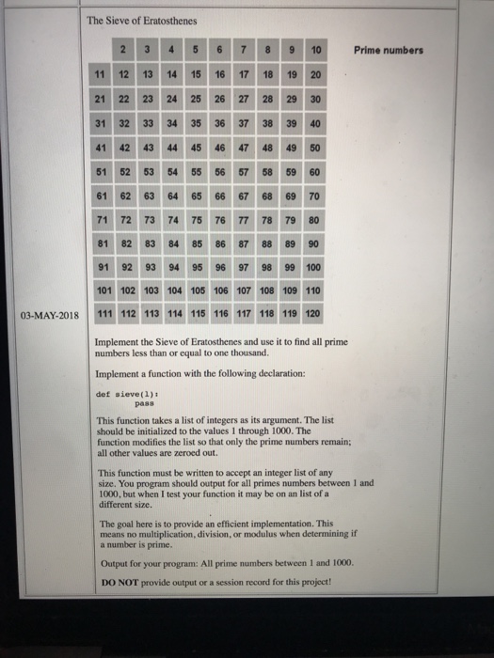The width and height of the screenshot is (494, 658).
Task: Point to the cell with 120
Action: click(x=313, y=314)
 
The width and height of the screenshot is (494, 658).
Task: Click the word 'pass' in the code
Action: click(x=122, y=407)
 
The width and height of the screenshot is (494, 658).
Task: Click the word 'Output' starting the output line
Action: click(x=113, y=563)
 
